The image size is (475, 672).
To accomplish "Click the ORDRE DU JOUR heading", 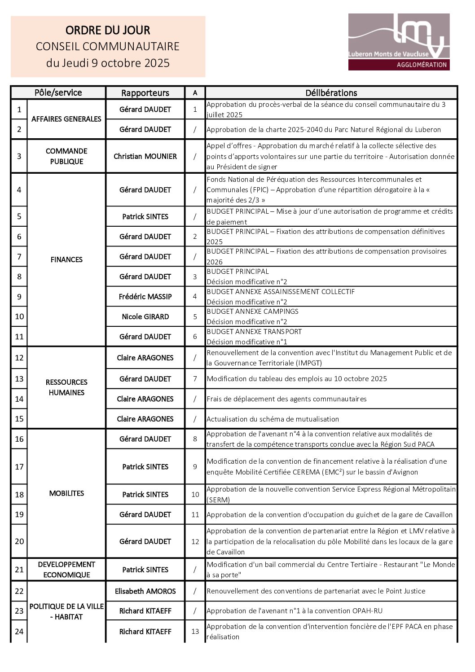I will [x=108, y=31].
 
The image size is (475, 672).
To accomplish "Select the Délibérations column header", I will [x=331, y=93].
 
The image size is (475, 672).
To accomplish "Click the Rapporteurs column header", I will [x=145, y=93].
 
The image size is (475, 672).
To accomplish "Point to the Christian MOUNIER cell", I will [x=145, y=156].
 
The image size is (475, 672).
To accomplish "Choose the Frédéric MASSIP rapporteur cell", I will [x=145, y=296].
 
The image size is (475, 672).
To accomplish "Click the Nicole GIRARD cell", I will [x=145, y=316].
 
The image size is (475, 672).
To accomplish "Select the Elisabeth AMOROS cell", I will [x=145, y=591].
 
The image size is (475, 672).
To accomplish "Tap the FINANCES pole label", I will [x=66, y=259].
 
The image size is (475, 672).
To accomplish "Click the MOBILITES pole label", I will [x=66, y=493].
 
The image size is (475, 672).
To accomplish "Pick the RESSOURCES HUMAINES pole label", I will [x=66, y=387].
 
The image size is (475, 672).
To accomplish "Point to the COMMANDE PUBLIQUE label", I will [x=66, y=156].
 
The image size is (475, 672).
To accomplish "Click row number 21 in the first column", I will [x=19, y=570].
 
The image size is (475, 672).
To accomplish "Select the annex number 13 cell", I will [x=195, y=632].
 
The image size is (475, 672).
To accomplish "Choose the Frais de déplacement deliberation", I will [x=286, y=399].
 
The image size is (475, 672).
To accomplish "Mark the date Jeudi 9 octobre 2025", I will [x=108, y=63].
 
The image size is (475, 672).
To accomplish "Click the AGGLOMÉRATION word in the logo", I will [x=422, y=65].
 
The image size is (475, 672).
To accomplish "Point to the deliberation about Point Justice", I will [x=316, y=591].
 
